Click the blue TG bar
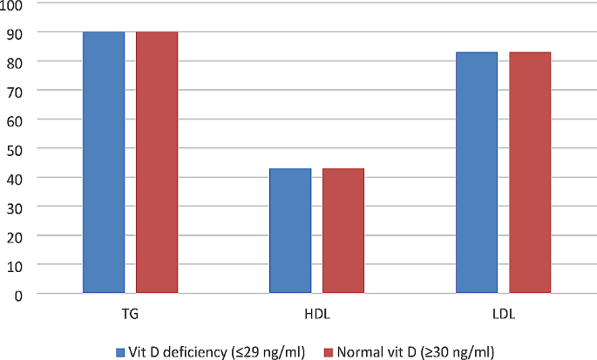[x=104, y=162]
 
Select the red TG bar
[x=157, y=162]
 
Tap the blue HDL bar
[x=290, y=231]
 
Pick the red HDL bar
[x=343, y=231]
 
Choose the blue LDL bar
[x=477, y=173]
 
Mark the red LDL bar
[x=530, y=173]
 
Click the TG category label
[x=130, y=312]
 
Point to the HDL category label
[x=316, y=312]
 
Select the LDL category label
[x=503, y=312]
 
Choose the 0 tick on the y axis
[x=20, y=294]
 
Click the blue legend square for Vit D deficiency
[x=120, y=352]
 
